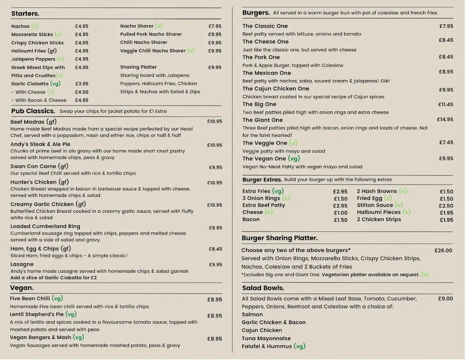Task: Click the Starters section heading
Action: click(x=25, y=14)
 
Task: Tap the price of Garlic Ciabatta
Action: click(x=82, y=84)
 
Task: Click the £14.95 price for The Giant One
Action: click(x=445, y=120)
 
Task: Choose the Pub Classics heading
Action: click(x=33, y=111)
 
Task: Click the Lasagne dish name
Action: click(x=22, y=264)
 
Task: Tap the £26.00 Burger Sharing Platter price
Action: click(x=443, y=250)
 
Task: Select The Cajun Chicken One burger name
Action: click(x=276, y=89)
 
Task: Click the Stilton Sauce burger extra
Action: click(x=375, y=205)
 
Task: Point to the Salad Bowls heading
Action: click(x=263, y=288)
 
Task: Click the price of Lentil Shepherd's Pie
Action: click(x=215, y=316)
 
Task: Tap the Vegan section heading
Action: click(x=22, y=288)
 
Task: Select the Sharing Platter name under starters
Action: click(x=139, y=67)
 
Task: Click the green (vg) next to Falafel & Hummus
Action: click(x=299, y=346)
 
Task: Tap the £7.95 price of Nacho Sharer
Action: click(x=215, y=26)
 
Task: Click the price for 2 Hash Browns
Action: click(x=446, y=192)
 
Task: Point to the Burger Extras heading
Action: click(x=262, y=180)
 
